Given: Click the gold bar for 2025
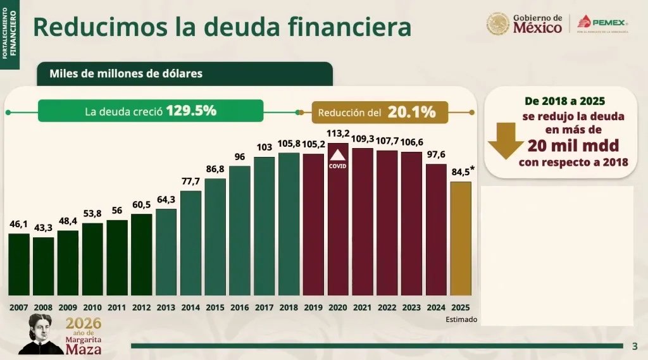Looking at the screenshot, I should tap(461, 239).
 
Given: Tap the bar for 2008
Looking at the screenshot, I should tap(44, 266).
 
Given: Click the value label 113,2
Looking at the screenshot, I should tap(339, 133).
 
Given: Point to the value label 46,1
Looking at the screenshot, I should tap(19, 224).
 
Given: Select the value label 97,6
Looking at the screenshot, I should tap(437, 154).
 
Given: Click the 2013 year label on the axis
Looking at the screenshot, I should tap(166, 307).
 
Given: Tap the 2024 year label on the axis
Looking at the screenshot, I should tap(437, 307).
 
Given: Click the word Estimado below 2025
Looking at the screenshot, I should tap(461, 320).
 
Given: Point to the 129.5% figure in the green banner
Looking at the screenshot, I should tap(191, 111).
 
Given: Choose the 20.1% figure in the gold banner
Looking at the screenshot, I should tap(411, 112).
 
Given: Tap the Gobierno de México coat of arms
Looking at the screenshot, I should tap(498, 24).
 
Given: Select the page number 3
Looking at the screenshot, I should tap(635, 346).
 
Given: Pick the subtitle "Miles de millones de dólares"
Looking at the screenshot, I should tap(126, 73).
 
